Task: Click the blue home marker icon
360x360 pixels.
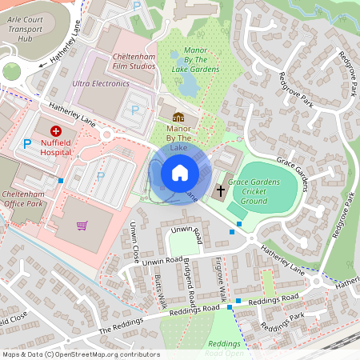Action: pyautogui.click(x=180, y=172)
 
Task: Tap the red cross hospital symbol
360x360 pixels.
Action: pyautogui.click(x=55, y=130)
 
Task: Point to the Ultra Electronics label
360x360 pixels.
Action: pyautogui.click(x=100, y=83)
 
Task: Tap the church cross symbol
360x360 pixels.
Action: pyautogui.click(x=220, y=190)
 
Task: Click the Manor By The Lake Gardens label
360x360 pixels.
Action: pyautogui.click(x=195, y=60)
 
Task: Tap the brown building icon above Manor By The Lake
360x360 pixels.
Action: pyautogui.click(x=178, y=118)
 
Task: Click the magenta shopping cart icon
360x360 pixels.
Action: pyautogui.click(x=82, y=225)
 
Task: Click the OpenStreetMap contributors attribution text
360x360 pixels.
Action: pyautogui.click(x=81, y=354)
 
